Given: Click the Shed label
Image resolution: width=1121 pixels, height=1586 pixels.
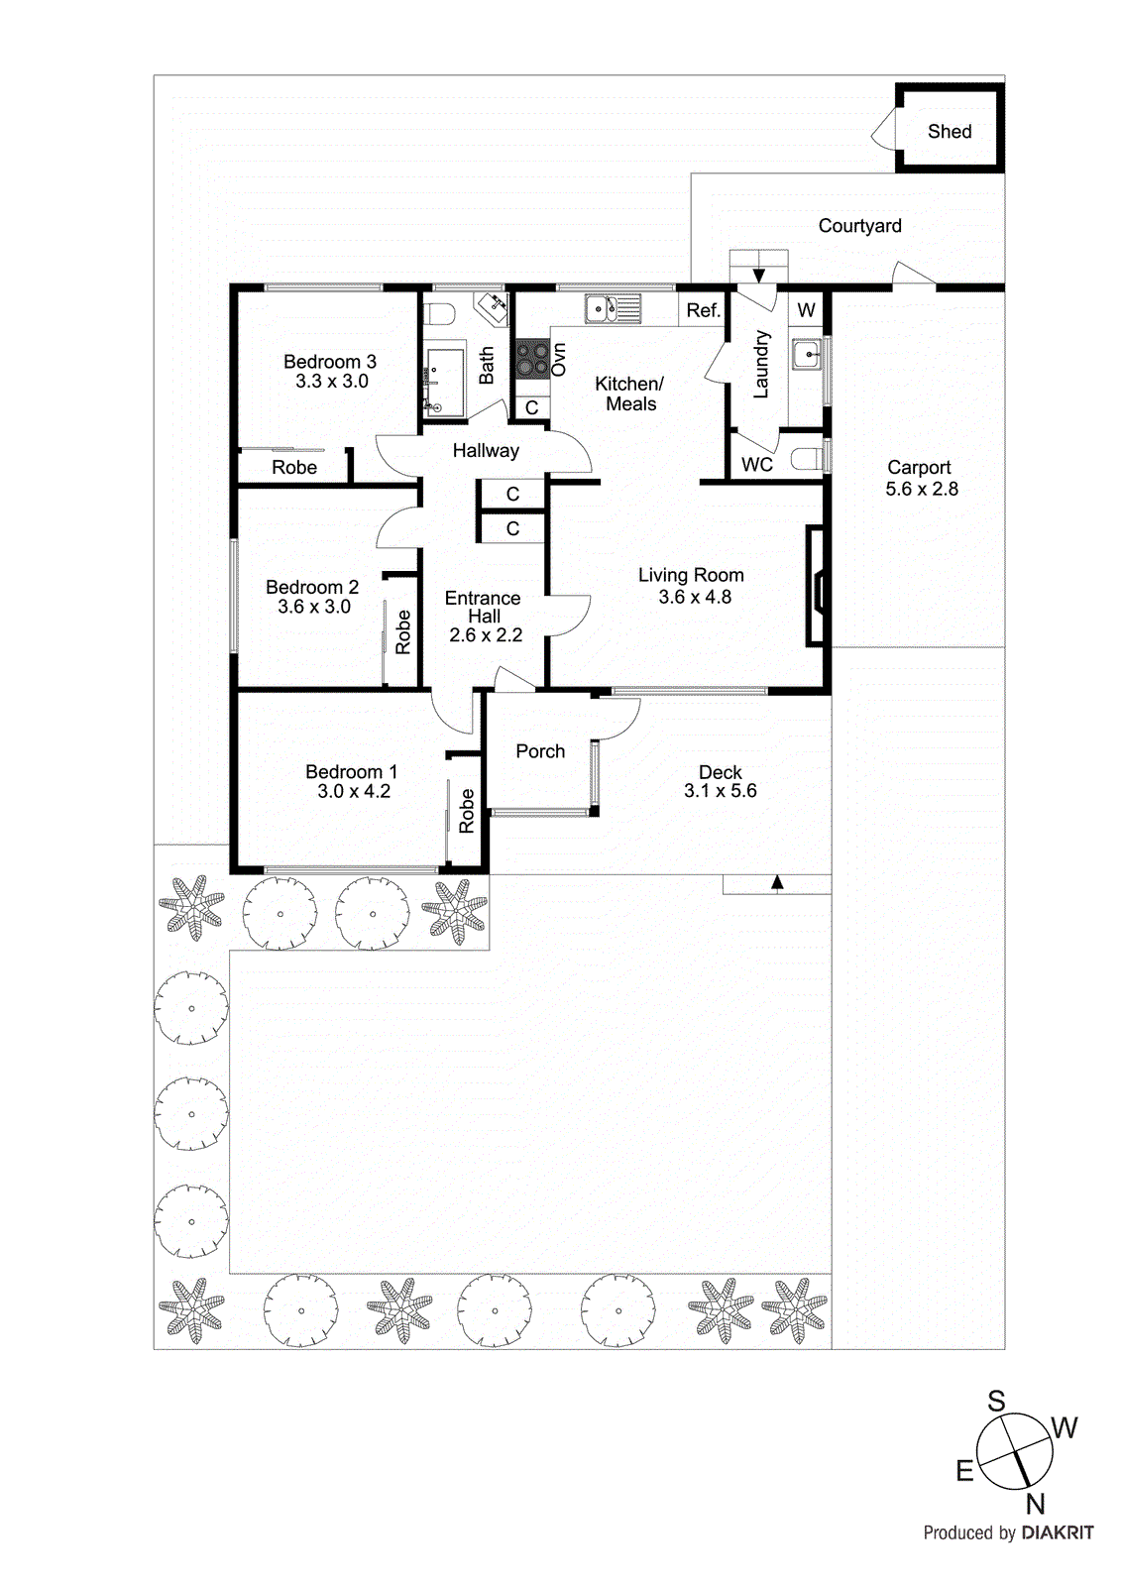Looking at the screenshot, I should [x=949, y=132].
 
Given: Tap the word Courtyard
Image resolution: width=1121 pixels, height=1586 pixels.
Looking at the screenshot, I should [x=859, y=226].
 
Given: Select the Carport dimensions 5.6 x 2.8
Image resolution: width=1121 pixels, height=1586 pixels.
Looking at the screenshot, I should [x=922, y=489].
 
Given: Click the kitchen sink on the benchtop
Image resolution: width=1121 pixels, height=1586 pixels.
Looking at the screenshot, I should [x=612, y=309].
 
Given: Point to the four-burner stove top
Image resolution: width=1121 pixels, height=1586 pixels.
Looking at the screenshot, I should [x=531, y=359].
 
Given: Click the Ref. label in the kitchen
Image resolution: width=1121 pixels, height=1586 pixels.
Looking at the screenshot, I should [x=703, y=310].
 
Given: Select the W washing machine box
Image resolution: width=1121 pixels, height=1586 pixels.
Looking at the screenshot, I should [x=807, y=310].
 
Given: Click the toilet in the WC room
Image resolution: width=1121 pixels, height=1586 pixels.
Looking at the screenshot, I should [x=808, y=458].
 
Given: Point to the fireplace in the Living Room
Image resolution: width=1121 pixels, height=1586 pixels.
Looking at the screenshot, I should [x=816, y=588].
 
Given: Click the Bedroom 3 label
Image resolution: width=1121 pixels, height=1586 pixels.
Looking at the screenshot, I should [x=330, y=362].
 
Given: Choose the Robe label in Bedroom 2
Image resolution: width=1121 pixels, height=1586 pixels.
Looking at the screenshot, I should [x=402, y=631].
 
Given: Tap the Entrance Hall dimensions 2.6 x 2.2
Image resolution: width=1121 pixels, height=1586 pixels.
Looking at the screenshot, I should [x=485, y=635].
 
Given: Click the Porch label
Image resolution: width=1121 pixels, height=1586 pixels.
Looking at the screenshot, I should [x=540, y=751].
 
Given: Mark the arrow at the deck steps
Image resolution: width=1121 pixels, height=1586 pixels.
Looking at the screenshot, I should [x=777, y=881].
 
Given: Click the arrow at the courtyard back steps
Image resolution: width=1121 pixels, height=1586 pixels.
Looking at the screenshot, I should [x=759, y=275].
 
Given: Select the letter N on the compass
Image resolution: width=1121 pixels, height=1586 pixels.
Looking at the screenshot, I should [x=1036, y=1504].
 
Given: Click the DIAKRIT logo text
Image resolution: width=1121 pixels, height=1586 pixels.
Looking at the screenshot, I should [x=1058, y=1532].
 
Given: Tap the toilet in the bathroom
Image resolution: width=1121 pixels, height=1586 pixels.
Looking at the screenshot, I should [x=438, y=314].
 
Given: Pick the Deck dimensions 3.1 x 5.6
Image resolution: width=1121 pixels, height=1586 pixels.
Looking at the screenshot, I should [x=720, y=791].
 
